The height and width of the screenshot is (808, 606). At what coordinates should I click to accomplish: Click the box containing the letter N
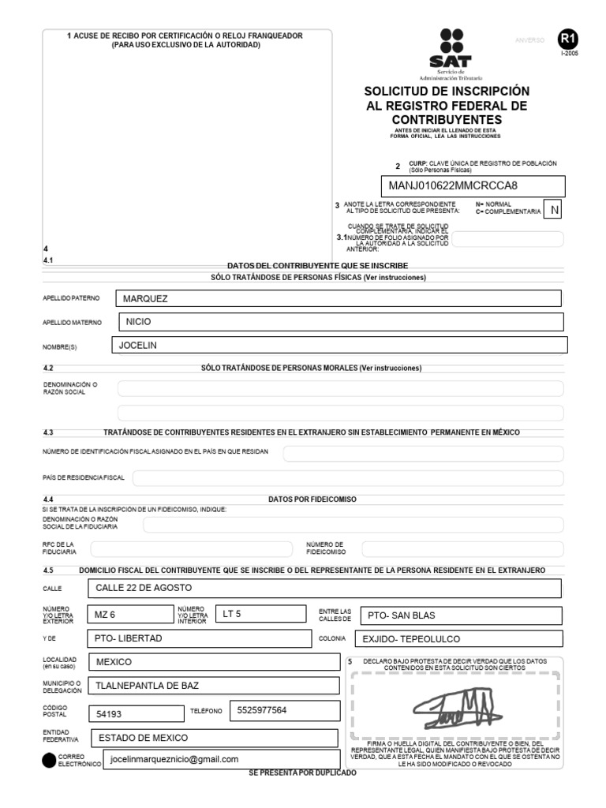pyautogui.click(x=555, y=210)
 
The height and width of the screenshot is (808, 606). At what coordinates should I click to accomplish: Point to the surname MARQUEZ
pyautogui.click(x=146, y=299)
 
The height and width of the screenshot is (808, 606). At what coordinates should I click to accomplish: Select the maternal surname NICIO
pyautogui.click(x=138, y=322)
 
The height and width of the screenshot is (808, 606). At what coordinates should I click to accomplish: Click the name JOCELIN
pyautogui.click(x=138, y=345)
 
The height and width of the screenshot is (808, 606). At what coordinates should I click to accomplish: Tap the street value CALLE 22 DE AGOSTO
pyautogui.click(x=144, y=588)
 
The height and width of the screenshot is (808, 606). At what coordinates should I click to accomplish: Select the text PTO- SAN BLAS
pyautogui.click(x=402, y=615)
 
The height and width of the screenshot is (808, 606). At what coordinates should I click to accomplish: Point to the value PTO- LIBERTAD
pyautogui.click(x=128, y=638)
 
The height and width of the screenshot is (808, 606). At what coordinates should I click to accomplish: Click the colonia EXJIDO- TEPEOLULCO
pyautogui.click(x=411, y=639)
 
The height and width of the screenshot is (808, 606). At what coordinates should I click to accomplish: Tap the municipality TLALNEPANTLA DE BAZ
pyautogui.click(x=147, y=686)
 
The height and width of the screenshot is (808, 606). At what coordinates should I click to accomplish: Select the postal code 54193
pyautogui.click(x=110, y=713)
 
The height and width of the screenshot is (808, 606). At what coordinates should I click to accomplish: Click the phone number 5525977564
pyautogui.click(x=261, y=710)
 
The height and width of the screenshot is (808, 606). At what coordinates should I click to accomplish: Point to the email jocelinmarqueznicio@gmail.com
pyautogui.click(x=174, y=759)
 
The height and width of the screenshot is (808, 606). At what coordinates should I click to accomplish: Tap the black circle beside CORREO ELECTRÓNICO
pyautogui.click(x=49, y=761)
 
